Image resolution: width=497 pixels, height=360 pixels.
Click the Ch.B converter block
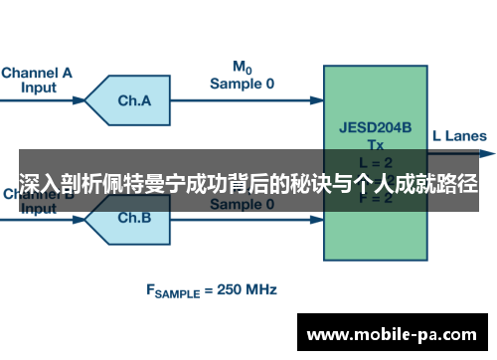point(132,217)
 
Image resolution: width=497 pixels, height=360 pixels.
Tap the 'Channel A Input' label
point(37,80)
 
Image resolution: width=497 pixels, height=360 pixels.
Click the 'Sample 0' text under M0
point(241,85)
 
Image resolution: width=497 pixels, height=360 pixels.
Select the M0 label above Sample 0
point(242,68)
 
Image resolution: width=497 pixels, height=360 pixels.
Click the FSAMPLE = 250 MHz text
point(212,291)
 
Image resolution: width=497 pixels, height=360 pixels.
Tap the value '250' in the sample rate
point(228,291)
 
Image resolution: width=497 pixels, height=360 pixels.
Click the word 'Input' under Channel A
point(38,87)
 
